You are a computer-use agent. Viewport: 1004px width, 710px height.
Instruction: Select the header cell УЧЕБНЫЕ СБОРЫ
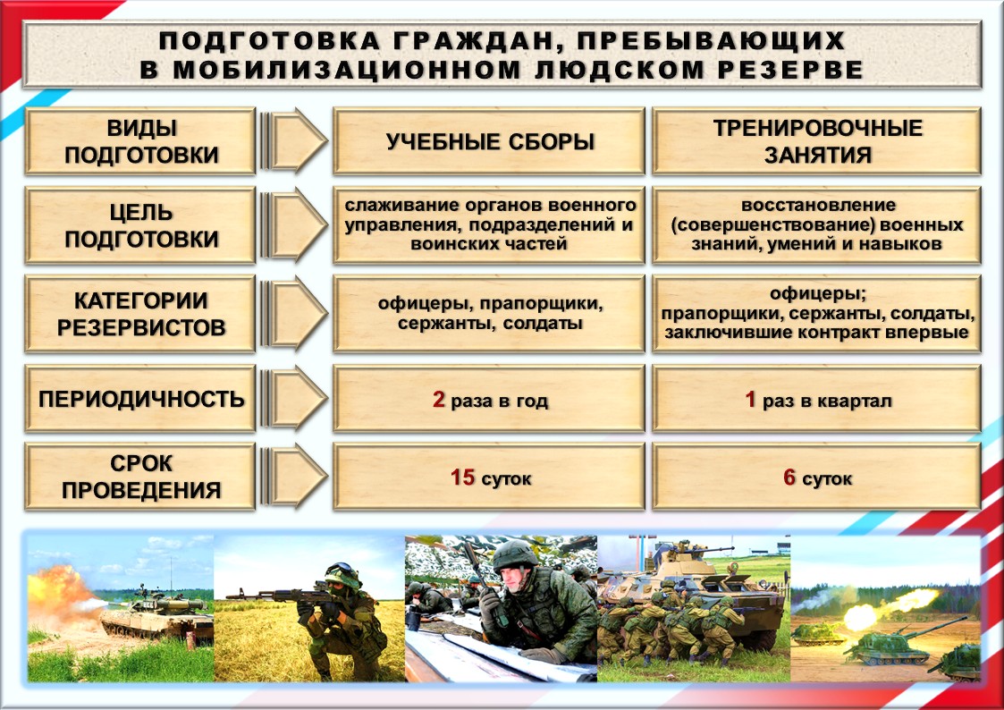(x=489, y=141)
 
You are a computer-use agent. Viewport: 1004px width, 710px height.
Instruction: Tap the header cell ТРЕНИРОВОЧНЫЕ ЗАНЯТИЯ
(x=817, y=141)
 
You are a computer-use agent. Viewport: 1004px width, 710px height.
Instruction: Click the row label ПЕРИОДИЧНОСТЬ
(x=141, y=399)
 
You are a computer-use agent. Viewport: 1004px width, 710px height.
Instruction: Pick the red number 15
(x=461, y=477)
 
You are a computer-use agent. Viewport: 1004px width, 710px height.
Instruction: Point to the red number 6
(x=789, y=477)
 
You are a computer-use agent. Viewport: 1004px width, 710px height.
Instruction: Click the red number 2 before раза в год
(x=438, y=400)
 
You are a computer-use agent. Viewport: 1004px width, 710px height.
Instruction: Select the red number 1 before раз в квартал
(x=750, y=400)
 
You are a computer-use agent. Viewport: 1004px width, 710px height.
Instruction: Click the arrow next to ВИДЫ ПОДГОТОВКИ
(x=294, y=141)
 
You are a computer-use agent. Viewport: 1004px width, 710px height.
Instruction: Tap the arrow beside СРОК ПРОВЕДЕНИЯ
(x=294, y=477)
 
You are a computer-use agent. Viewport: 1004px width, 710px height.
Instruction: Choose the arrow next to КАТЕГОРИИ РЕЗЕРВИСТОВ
(x=294, y=314)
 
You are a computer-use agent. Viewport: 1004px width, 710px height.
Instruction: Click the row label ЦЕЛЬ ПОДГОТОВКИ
(x=141, y=225)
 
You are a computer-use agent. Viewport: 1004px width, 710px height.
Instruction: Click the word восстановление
(x=818, y=206)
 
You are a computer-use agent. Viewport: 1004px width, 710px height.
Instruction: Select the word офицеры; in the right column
(x=818, y=294)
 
